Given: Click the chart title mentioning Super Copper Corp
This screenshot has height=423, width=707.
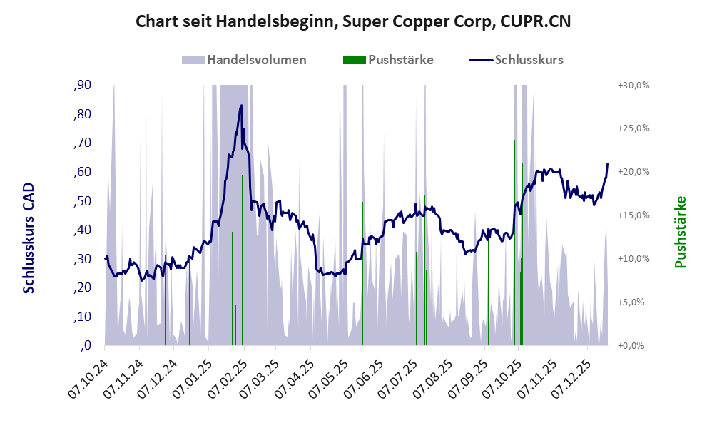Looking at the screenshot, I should pyautogui.click(x=353, y=21).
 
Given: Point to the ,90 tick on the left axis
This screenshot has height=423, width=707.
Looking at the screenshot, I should pyautogui.click(x=82, y=86).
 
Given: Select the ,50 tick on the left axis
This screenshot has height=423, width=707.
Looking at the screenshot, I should pyautogui.click(x=82, y=201).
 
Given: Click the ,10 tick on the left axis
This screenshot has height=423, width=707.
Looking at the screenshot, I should pyautogui.click(x=82, y=317).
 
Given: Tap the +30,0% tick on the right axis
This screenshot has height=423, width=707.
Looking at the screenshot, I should pyautogui.click(x=633, y=86).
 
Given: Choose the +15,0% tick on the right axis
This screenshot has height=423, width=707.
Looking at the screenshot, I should pyautogui.click(x=633, y=215).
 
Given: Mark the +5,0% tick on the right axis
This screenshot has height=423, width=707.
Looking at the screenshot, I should pyautogui.click(x=633, y=302).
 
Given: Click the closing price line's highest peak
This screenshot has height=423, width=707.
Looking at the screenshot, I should pyautogui.click(x=241, y=106).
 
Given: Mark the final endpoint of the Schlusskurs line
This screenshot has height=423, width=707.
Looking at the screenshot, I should pyautogui.click(x=607, y=164).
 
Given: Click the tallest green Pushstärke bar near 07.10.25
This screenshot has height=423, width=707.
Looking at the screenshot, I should pyautogui.click(x=522, y=164).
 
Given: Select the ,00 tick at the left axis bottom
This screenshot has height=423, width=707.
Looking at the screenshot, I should pyautogui.click(x=85, y=346).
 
